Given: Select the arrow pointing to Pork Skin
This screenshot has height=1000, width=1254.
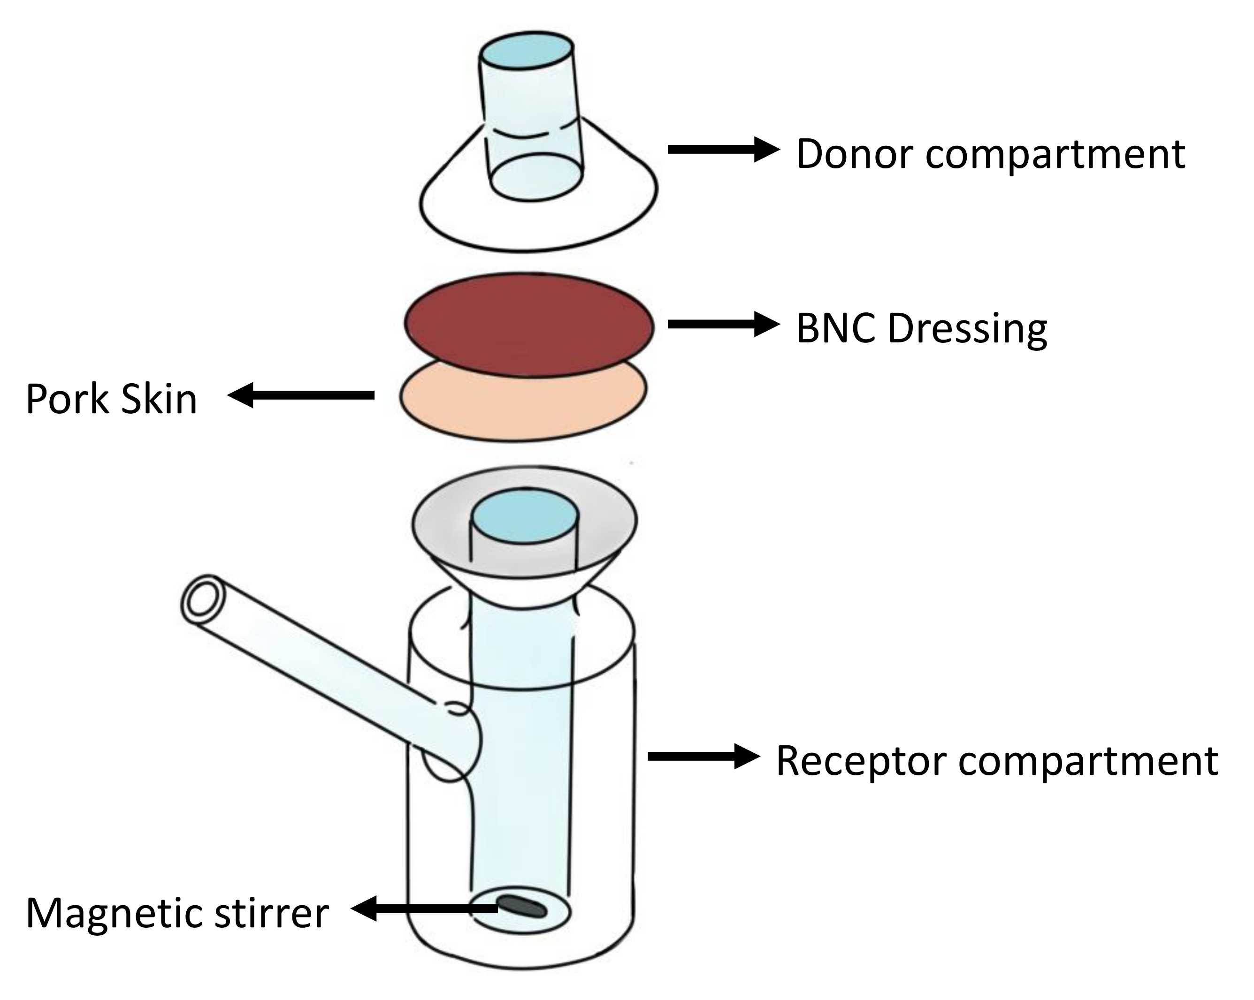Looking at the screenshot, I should coord(300,395).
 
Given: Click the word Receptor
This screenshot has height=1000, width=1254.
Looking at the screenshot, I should coord(861,762).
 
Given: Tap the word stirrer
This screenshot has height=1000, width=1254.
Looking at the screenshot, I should coord(272,913).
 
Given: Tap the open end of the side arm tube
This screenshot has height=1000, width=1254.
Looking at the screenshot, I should coord(202,600).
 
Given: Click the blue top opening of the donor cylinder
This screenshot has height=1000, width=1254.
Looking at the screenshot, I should coord(527,51).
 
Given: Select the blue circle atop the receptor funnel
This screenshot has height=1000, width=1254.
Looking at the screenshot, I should coord(525,515).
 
